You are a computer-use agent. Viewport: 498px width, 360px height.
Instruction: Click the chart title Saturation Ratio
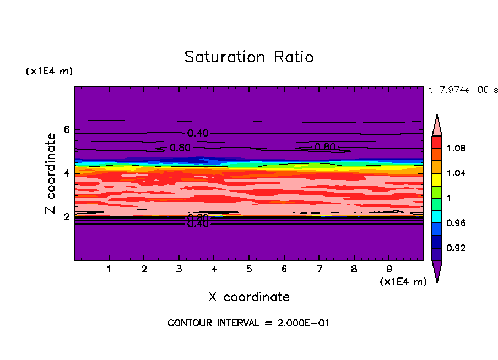[x=249, y=57]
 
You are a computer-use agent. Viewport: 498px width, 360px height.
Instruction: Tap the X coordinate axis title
[x=249, y=297]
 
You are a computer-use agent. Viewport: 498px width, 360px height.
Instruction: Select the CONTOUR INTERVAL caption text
[x=248, y=323]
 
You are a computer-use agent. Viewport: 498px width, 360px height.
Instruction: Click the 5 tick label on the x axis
[x=249, y=270]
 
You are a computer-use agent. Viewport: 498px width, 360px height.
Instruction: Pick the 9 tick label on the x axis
[x=389, y=270]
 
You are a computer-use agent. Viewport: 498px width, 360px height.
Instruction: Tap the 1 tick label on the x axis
[x=109, y=270]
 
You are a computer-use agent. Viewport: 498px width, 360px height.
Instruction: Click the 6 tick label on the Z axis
[x=67, y=130]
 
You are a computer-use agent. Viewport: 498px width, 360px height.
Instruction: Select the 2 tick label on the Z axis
[x=67, y=217]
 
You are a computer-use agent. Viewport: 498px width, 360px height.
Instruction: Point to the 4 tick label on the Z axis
[x=67, y=173]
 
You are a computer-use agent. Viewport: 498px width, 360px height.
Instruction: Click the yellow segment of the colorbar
[x=437, y=179]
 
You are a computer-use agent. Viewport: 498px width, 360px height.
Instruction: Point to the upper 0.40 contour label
[x=198, y=133]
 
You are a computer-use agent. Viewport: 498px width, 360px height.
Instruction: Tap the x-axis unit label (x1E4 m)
[x=403, y=282]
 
